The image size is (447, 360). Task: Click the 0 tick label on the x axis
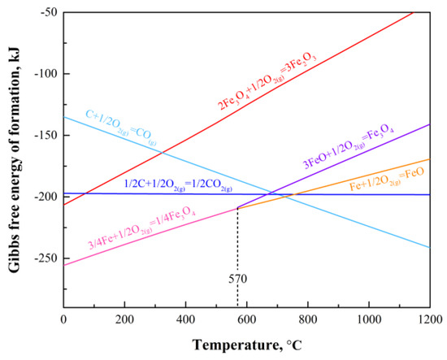[x=63, y=320]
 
